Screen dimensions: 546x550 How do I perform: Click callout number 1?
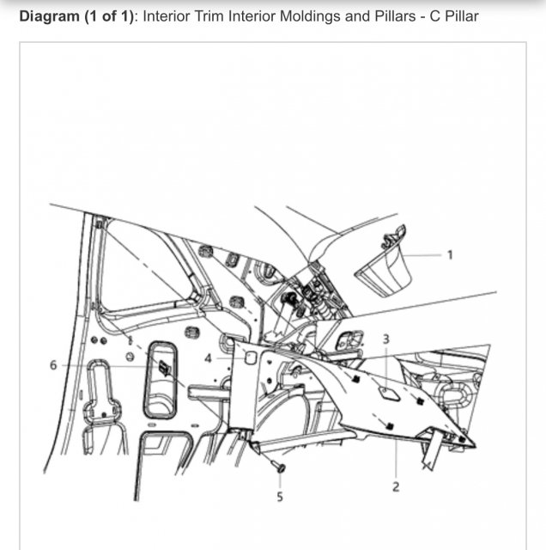point(450,255)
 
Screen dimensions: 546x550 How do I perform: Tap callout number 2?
point(396,487)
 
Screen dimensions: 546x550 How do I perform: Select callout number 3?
point(385,339)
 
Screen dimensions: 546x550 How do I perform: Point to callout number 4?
point(208,358)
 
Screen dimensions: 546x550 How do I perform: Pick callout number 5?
point(280,497)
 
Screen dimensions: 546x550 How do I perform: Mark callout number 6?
point(53,365)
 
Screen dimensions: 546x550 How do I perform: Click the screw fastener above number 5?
point(279,466)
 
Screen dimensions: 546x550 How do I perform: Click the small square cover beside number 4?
point(250,358)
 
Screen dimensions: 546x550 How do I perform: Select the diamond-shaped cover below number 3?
point(388,393)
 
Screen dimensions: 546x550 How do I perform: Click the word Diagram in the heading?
point(50,16)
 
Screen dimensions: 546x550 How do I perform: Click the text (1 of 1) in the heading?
point(109,16)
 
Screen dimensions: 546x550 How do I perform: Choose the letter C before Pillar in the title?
point(435,16)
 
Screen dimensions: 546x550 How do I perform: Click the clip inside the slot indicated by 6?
point(164,369)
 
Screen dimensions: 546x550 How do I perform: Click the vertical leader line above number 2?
point(396,457)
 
